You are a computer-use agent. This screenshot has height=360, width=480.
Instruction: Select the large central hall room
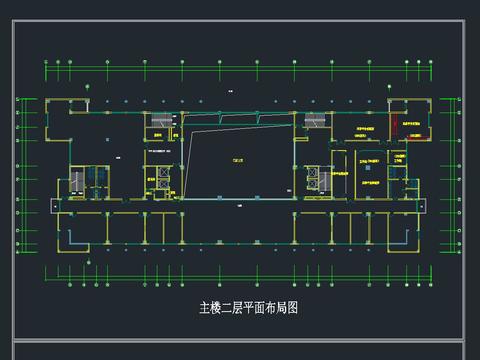coord(240,160)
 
